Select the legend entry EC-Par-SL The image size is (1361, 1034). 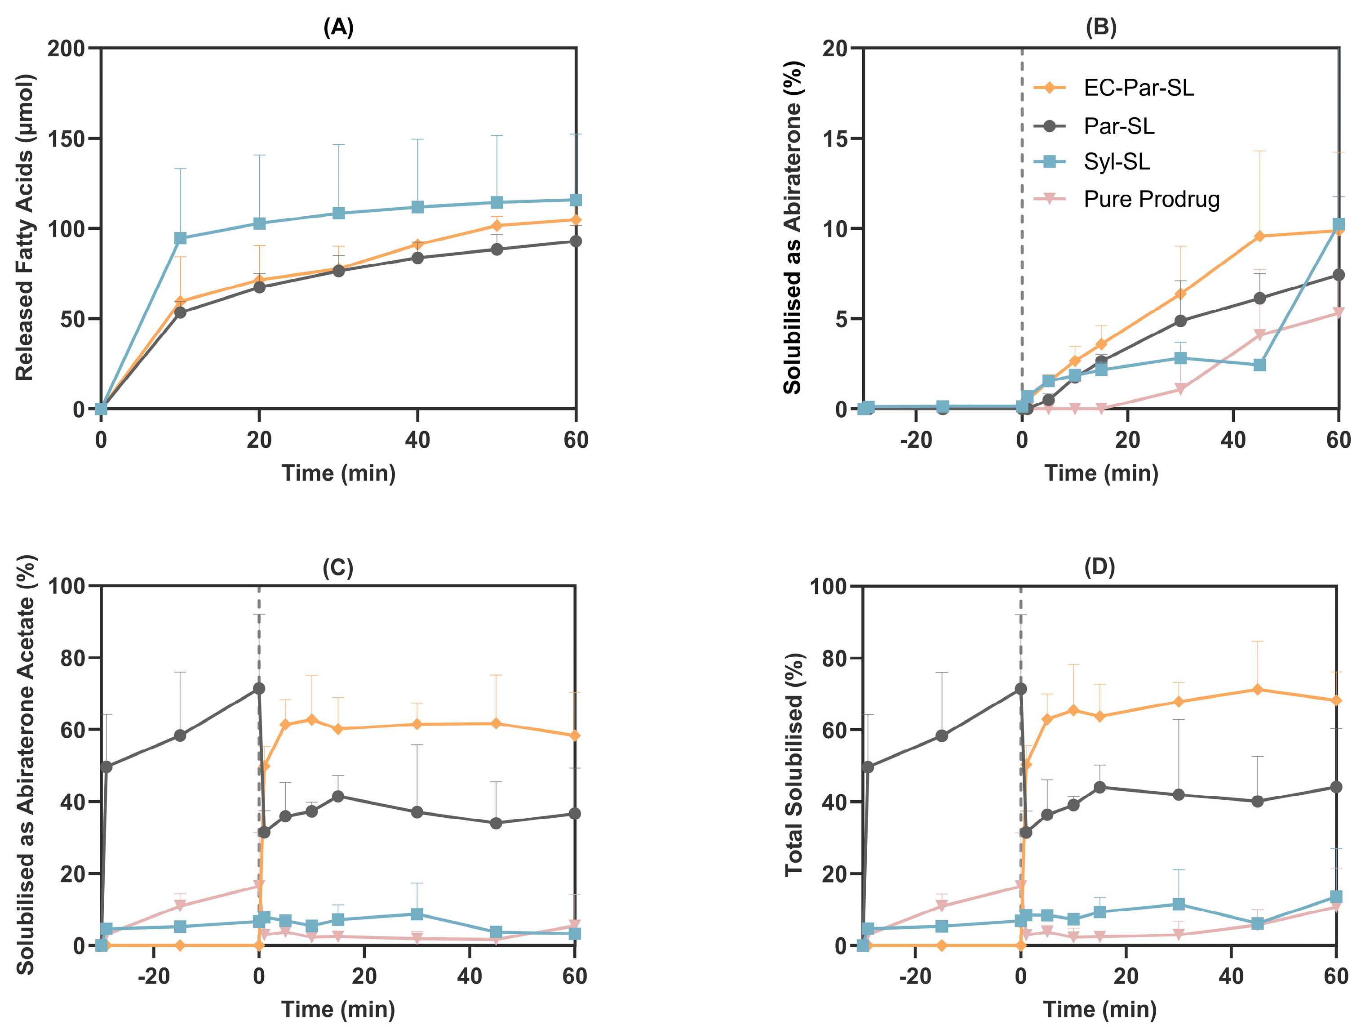pos(1138,88)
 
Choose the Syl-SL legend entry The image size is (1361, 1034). pos(1116,162)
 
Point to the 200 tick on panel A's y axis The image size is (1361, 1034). pos(66,49)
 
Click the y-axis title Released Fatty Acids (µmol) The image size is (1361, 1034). pos(25,228)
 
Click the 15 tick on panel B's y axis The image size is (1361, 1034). pos(834,138)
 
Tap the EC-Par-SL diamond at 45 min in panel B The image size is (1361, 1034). pos(1259,236)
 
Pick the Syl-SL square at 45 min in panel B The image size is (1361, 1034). pos(1259,365)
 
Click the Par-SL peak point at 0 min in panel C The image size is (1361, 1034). pos(259,688)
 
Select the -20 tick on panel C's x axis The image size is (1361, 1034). pos(153,976)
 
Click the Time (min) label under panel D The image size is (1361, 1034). pos(1100,1009)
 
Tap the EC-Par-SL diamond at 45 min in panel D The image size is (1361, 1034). pos(1258,689)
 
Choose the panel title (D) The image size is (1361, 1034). pos(1099,566)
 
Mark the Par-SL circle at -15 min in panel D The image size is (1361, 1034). pos(941,735)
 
